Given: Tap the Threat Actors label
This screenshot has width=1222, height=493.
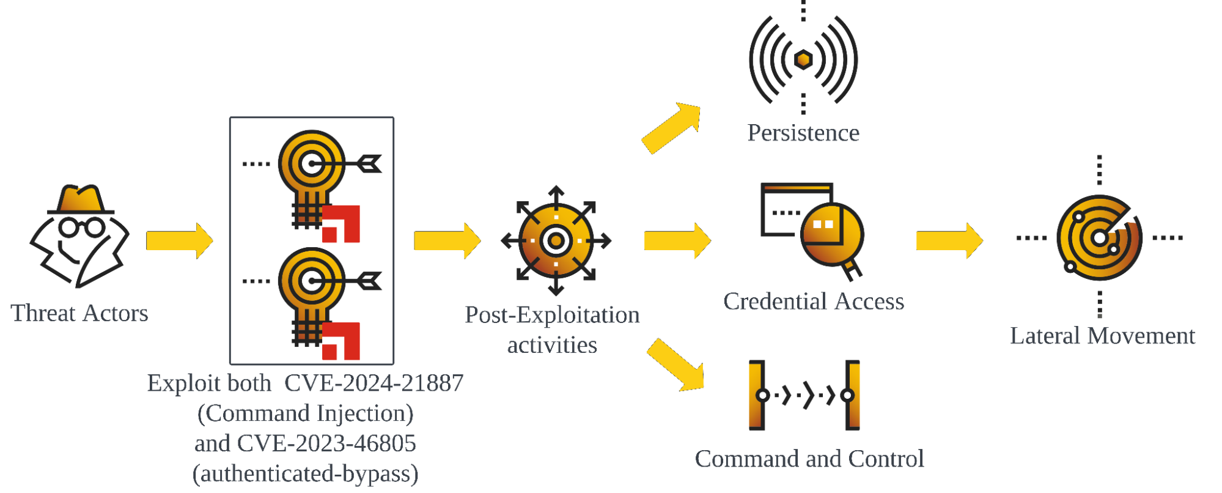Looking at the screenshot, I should point(79,313).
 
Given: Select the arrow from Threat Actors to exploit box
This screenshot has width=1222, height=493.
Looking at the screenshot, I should point(179,240).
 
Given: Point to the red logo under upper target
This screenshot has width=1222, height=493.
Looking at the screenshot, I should point(341,224).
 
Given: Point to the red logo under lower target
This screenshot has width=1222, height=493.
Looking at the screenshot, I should point(341,341).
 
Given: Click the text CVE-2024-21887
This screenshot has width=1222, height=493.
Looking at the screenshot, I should point(374,384).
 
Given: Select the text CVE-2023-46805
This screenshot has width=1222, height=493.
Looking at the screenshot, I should point(326,443).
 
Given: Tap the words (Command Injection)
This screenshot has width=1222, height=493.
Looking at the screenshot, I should point(305,413).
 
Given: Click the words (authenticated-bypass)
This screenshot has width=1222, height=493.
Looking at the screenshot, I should point(305,473).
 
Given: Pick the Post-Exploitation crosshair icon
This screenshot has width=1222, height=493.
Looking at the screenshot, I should point(556,240).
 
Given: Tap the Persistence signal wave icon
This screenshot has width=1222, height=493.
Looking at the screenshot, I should point(803,59).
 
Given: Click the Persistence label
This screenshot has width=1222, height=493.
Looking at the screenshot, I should point(803,133).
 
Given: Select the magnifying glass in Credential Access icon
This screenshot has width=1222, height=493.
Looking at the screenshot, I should point(833,236).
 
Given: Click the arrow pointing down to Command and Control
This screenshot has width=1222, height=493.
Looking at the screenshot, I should point(676,365).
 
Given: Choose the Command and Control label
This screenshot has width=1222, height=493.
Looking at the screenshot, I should point(809,459).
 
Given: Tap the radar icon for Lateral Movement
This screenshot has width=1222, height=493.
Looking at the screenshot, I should point(1099,238).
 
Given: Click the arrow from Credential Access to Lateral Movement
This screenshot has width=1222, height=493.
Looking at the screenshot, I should point(949,240).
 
